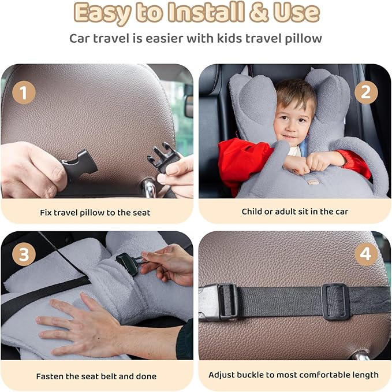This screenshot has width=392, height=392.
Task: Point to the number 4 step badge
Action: (x=366, y=255)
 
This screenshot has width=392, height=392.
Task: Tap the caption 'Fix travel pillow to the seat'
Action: (x=95, y=212)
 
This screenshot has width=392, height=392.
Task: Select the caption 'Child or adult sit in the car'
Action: (x=294, y=212)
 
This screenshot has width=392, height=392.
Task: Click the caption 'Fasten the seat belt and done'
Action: (x=96, y=376)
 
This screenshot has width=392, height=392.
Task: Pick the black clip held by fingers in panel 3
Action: (x=128, y=262)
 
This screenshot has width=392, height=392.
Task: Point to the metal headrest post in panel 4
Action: (x=361, y=354)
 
